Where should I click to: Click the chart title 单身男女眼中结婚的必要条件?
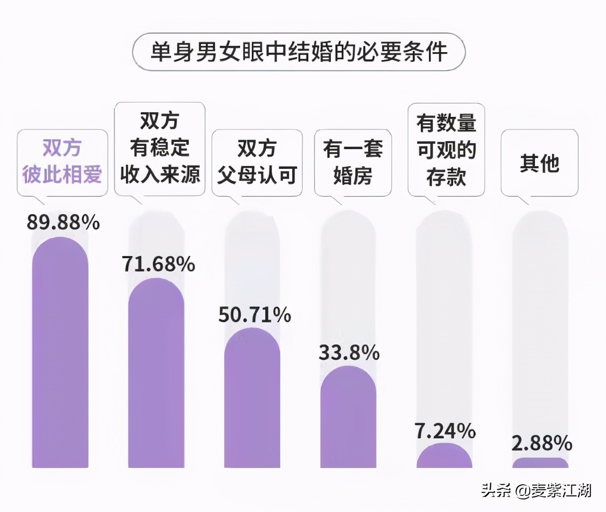(x=299, y=52)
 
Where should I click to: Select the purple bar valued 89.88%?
(x=60, y=355)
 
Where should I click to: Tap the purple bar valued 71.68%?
(x=156, y=375)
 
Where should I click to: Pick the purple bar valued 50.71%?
(x=252, y=400)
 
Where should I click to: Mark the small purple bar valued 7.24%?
(x=444, y=456)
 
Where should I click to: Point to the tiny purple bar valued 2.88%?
(x=540, y=463)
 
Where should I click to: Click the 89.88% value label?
(x=63, y=222)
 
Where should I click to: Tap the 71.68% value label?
(x=158, y=264)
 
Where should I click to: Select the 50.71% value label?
(x=254, y=315)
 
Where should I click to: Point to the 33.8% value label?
(x=349, y=353)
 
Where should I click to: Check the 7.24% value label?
(x=445, y=431)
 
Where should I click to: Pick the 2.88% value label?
(x=542, y=444)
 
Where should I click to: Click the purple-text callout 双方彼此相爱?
(x=62, y=162)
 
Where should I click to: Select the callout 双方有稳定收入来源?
(x=160, y=148)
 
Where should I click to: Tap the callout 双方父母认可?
(x=257, y=162)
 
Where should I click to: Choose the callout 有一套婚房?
(x=353, y=162)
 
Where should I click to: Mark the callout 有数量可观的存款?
(x=446, y=150)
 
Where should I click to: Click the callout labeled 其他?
(x=539, y=163)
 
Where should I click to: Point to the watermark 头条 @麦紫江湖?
(x=536, y=490)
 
